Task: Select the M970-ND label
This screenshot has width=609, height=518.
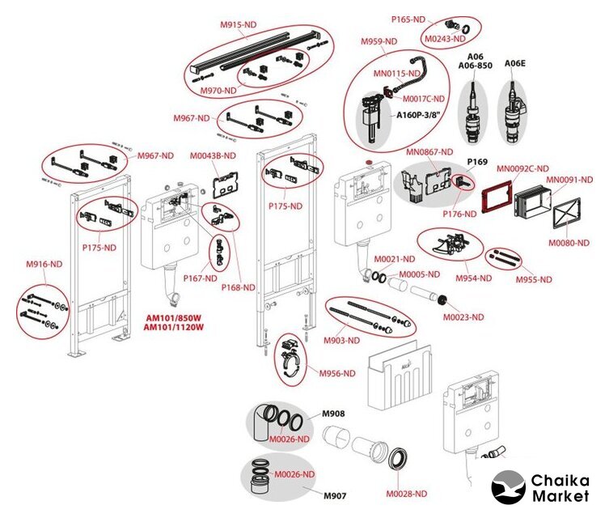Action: (x=218, y=90)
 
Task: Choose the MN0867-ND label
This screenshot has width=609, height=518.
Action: (x=429, y=151)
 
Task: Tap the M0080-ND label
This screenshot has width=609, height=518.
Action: (x=570, y=242)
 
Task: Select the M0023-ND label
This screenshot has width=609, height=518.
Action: (x=463, y=316)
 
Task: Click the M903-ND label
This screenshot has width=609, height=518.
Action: (x=343, y=340)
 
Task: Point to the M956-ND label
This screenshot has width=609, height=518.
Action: (x=336, y=373)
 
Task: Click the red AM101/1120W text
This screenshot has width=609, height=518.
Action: (x=173, y=328)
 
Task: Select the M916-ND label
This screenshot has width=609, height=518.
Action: (x=44, y=264)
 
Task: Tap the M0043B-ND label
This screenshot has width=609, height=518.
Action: (x=213, y=155)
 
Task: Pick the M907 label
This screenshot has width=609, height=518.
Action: (x=336, y=495)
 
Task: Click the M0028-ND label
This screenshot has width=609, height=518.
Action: (x=406, y=493)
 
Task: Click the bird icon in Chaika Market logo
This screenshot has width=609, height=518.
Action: (x=507, y=488)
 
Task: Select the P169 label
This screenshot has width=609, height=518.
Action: (x=476, y=162)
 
